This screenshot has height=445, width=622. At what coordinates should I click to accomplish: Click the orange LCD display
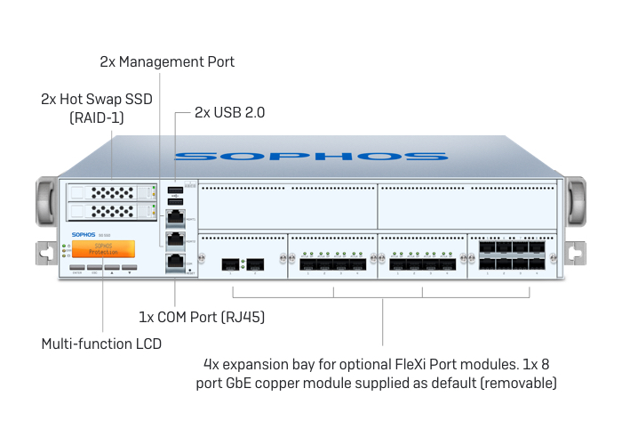(x=104, y=248)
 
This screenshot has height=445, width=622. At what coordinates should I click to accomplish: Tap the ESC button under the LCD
(x=95, y=267)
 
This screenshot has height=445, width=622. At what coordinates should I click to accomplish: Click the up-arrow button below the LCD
(x=112, y=267)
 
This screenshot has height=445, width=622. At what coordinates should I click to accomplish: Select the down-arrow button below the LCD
(x=130, y=267)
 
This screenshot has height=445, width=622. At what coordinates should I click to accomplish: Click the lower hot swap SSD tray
(x=110, y=211)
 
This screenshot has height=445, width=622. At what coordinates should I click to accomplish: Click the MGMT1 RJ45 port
(x=176, y=215)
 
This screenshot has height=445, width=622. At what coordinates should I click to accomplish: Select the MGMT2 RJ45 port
(x=176, y=239)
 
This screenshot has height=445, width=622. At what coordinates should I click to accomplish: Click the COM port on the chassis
(x=176, y=262)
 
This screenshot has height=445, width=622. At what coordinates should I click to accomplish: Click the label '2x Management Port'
(x=167, y=62)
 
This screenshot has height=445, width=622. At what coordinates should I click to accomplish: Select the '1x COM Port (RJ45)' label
(x=202, y=316)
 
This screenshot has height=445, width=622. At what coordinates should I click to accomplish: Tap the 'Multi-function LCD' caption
(x=101, y=343)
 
